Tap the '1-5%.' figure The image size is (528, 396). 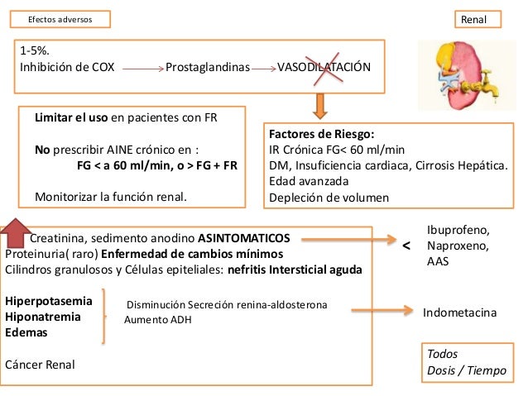tap(34, 51)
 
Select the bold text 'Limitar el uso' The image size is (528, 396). tap(71, 117)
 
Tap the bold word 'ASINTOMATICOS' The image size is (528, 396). tap(250, 237)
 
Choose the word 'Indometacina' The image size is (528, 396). tap(459, 314)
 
